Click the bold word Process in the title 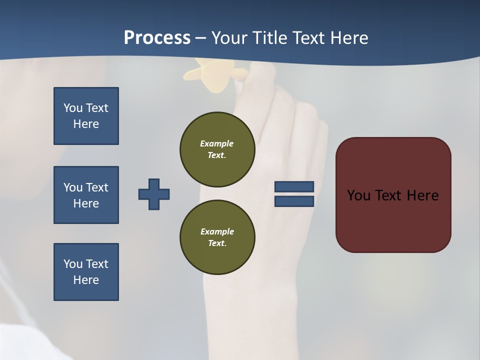point(157,38)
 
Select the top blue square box point(86,116)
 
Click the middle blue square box point(86,195)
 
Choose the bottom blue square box point(86,272)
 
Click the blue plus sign point(154,194)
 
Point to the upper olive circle point(217,149)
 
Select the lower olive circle point(217,237)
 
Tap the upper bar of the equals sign point(294,186)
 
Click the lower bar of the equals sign point(294,201)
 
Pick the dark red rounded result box point(393,195)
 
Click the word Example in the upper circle point(216,143)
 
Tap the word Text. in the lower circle point(217,243)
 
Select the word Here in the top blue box point(86,124)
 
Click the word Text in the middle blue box point(96,187)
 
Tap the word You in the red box point(358,195)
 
